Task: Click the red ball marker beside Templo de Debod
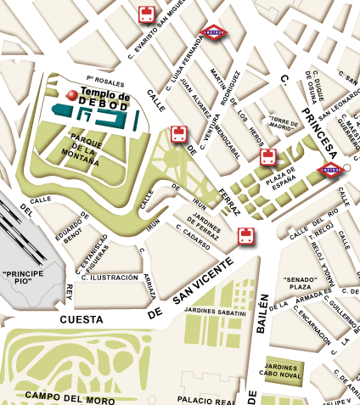(x=73, y=94)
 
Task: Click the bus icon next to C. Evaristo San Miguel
(x=147, y=14)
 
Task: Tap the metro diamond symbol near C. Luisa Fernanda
(x=213, y=32)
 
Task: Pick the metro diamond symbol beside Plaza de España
(x=330, y=170)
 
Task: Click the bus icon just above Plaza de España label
(x=267, y=157)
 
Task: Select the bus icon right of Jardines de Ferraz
(x=246, y=235)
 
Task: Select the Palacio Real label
(x=204, y=399)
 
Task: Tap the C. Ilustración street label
(x=111, y=278)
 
